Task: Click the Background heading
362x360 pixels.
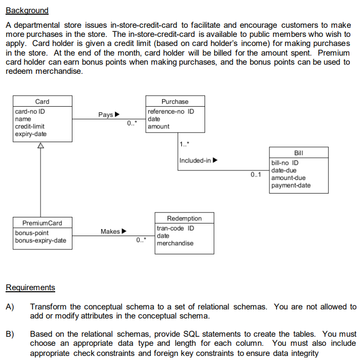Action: point(27,10)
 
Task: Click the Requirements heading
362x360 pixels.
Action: point(30,288)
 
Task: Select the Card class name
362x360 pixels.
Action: point(42,102)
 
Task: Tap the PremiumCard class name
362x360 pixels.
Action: point(42,223)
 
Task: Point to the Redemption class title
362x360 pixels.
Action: point(184,218)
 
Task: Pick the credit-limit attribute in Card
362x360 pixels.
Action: point(30,126)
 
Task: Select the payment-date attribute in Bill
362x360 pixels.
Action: point(291,186)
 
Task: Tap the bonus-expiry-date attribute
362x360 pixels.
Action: point(41,240)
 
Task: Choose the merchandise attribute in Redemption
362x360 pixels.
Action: point(175,243)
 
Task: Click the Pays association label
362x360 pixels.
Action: point(106,115)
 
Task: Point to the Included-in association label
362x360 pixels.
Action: point(195,160)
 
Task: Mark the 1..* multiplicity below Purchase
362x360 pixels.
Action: point(184,145)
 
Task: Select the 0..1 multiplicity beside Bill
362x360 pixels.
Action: point(256,175)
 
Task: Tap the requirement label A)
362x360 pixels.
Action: point(10,307)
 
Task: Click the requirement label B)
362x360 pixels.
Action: point(10,334)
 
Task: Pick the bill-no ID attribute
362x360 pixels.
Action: point(285,163)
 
